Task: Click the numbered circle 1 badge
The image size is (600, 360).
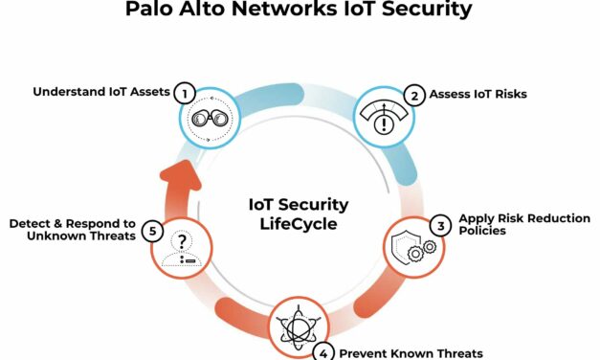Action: (184, 92)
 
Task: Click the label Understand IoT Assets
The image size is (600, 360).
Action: (100, 92)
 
